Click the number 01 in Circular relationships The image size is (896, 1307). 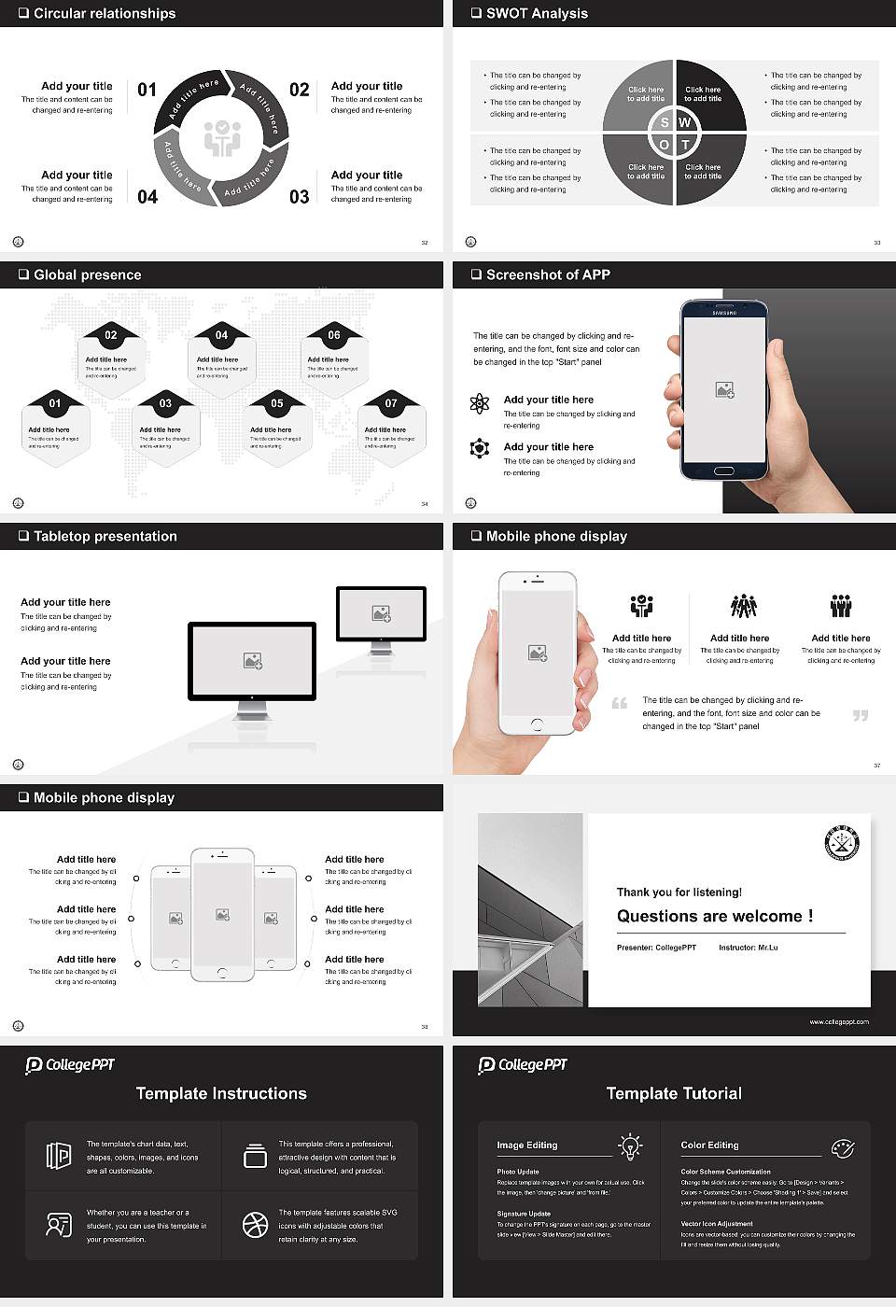pyautogui.click(x=147, y=90)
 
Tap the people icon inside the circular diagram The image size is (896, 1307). pyautogui.click(x=222, y=138)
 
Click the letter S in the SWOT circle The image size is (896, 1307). pyautogui.click(x=665, y=122)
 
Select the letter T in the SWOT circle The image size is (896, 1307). pyautogui.click(x=685, y=145)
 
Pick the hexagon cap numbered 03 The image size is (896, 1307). pyautogui.click(x=165, y=403)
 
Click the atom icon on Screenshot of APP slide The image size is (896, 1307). pyautogui.click(x=480, y=403)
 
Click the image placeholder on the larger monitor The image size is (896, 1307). pyautogui.click(x=252, y=661)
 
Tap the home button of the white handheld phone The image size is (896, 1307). pyautogui.click(x=537, y=724)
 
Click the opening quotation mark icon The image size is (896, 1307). pyautogui.click(x=620, y=703)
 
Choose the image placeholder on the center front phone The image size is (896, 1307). pyautogui.click(x=222, y=915)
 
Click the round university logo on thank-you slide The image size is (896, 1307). pyautogui.click(x=842, y=843)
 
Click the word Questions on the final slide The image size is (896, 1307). pyautogui.click(x=657, y=916)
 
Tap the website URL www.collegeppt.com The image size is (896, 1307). pyautogui.click(x=838, y=1021)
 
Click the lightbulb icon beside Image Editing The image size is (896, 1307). pyautogui.click(x=630, y=1145)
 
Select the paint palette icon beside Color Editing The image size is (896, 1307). pyautogui.click(x=842, y=1147)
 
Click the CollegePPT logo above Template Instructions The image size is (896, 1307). pyautogui.click(x=69, y=1065)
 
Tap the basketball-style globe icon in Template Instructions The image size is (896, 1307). pyautogui.click(x=255, y=1225)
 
